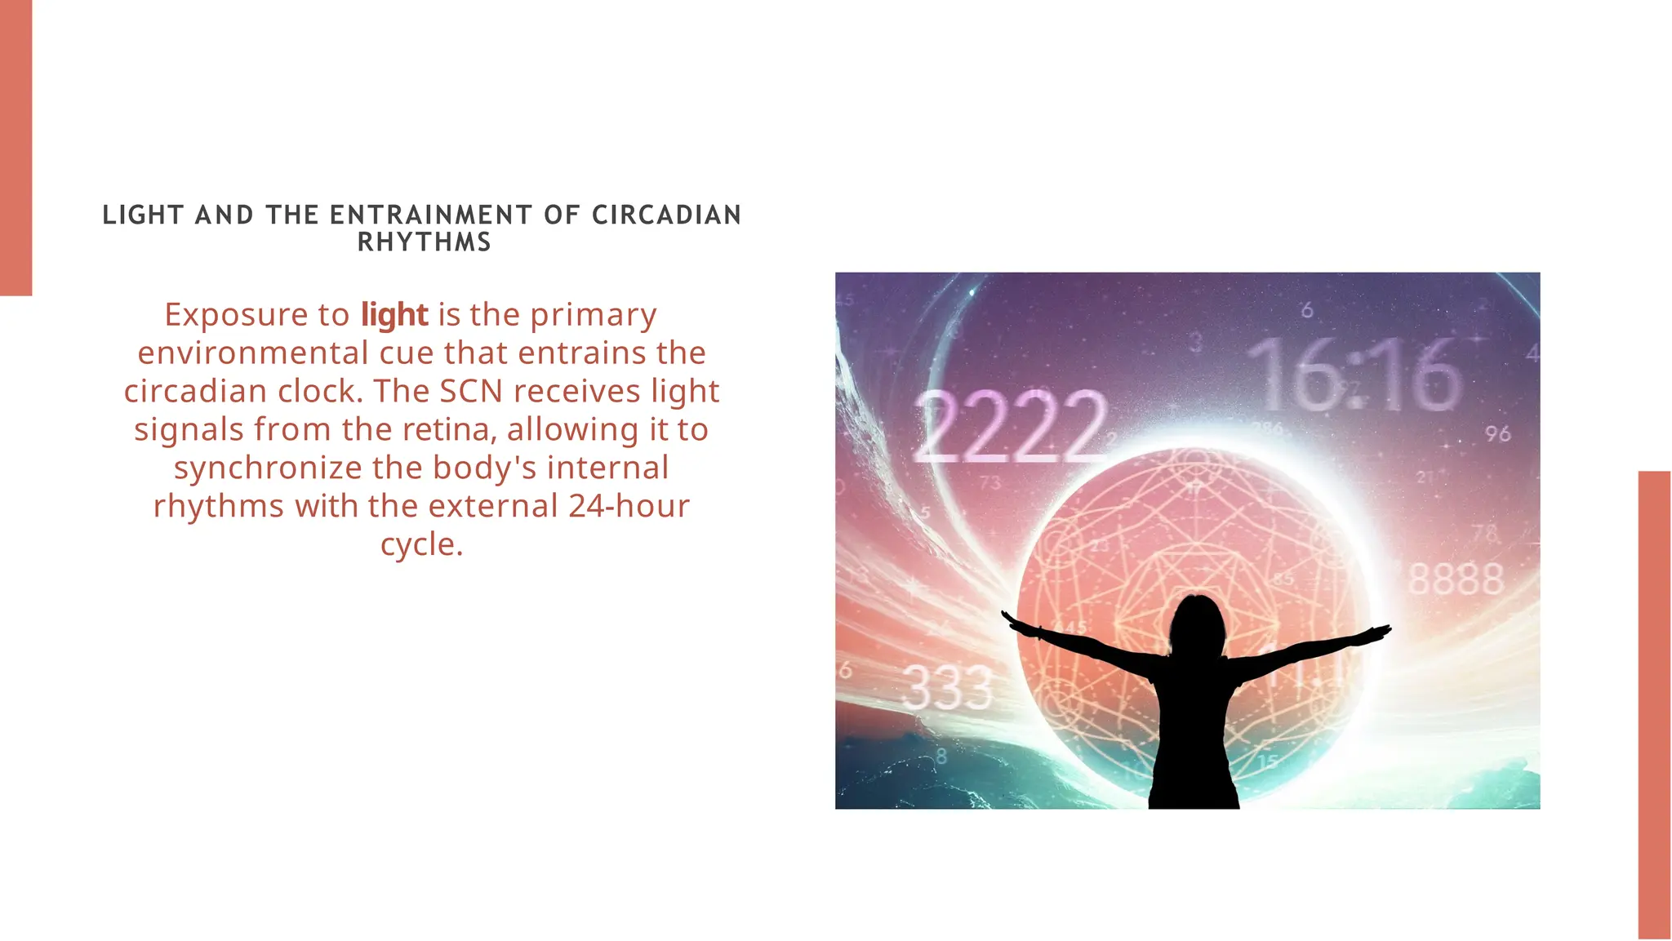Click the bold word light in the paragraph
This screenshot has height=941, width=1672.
pyautogui.click(x=394, y=315)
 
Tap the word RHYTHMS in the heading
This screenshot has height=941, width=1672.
pyautogui.click(x=425, y=242)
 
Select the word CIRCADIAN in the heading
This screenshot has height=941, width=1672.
pyautogui.click(x=666, y=215)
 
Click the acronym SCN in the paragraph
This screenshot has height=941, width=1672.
pyautogui.click(x=471, y=392)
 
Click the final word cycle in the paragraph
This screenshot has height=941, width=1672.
pyautogui.click(x=421, y=545)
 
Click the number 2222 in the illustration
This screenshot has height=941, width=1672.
pyautogui.click(x=1010, y=425)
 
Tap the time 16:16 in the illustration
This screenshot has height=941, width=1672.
pyautogui.click(x=1354, y=376)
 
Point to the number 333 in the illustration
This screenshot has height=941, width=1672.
pyautogui.click(x=947, y=687)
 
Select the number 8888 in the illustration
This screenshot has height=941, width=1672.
pyautogui.click(x=1456, y=579)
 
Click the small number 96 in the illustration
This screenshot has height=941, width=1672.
pyautogui.click(x=1497, y=433)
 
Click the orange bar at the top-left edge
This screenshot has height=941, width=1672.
pyautogui.click(x=16, y=147)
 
